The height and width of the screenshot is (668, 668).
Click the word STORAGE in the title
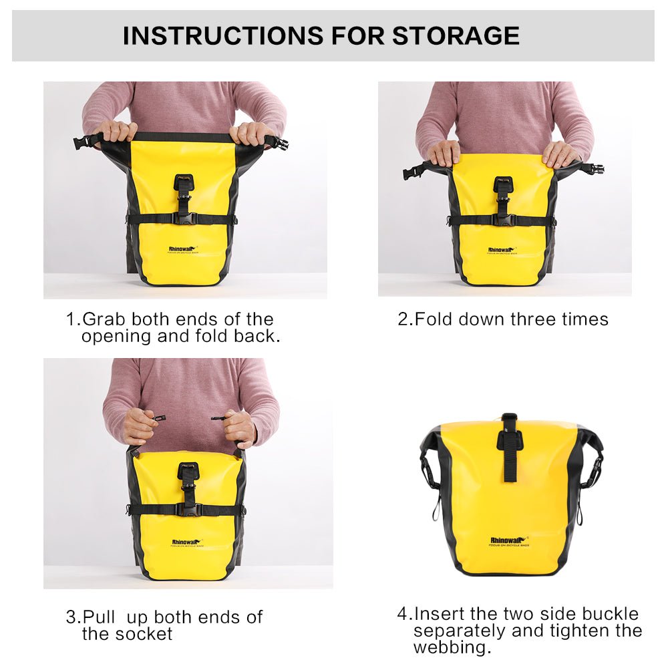456,35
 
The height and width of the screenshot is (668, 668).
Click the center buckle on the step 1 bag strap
183,218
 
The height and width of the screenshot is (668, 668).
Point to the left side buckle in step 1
83,142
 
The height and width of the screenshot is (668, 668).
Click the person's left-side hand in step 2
444,153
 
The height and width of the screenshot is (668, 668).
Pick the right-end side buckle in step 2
595,169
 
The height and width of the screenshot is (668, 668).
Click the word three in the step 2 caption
535,319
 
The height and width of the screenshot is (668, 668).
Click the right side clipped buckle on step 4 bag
592,471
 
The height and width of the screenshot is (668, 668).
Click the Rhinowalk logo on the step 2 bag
502,249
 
